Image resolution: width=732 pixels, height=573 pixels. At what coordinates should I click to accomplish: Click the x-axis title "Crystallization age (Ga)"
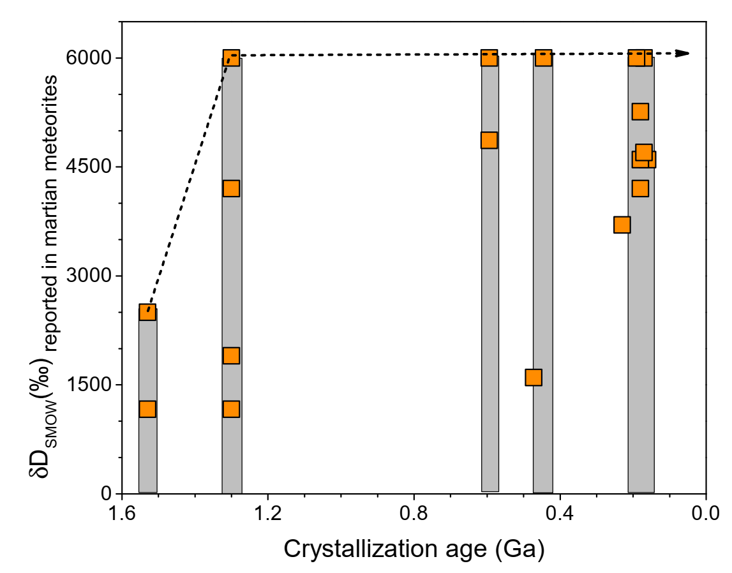pyautogui.click(x=414, y=548)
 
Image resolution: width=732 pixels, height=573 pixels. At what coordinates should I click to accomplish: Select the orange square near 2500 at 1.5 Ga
pyautogui.click(x=147, y=311)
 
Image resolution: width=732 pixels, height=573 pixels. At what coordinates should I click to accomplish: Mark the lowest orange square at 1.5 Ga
pyautogui.click(x=147, y=409)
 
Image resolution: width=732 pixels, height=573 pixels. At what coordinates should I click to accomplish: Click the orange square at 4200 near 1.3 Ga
pyautogui.click(x=231, y=188)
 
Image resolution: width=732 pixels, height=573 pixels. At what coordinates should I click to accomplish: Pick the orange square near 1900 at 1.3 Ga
pyautogui.click(x=231, y=355)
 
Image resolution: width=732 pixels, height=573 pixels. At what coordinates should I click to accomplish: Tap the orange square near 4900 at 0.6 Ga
pyautogui.click(x=489, y=140)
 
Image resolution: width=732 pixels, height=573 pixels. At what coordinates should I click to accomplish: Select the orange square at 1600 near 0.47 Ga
pyautogui.click(x=534, y=377)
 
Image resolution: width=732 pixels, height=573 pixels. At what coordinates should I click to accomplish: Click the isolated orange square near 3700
pyautogui.click(x=622, y=225)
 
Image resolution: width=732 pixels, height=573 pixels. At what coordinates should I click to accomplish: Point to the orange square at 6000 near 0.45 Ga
pyautogui.click(x=543, y=57)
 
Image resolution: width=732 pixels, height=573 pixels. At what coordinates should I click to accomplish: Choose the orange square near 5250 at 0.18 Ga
pyautogui.click(x=640, y=112)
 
